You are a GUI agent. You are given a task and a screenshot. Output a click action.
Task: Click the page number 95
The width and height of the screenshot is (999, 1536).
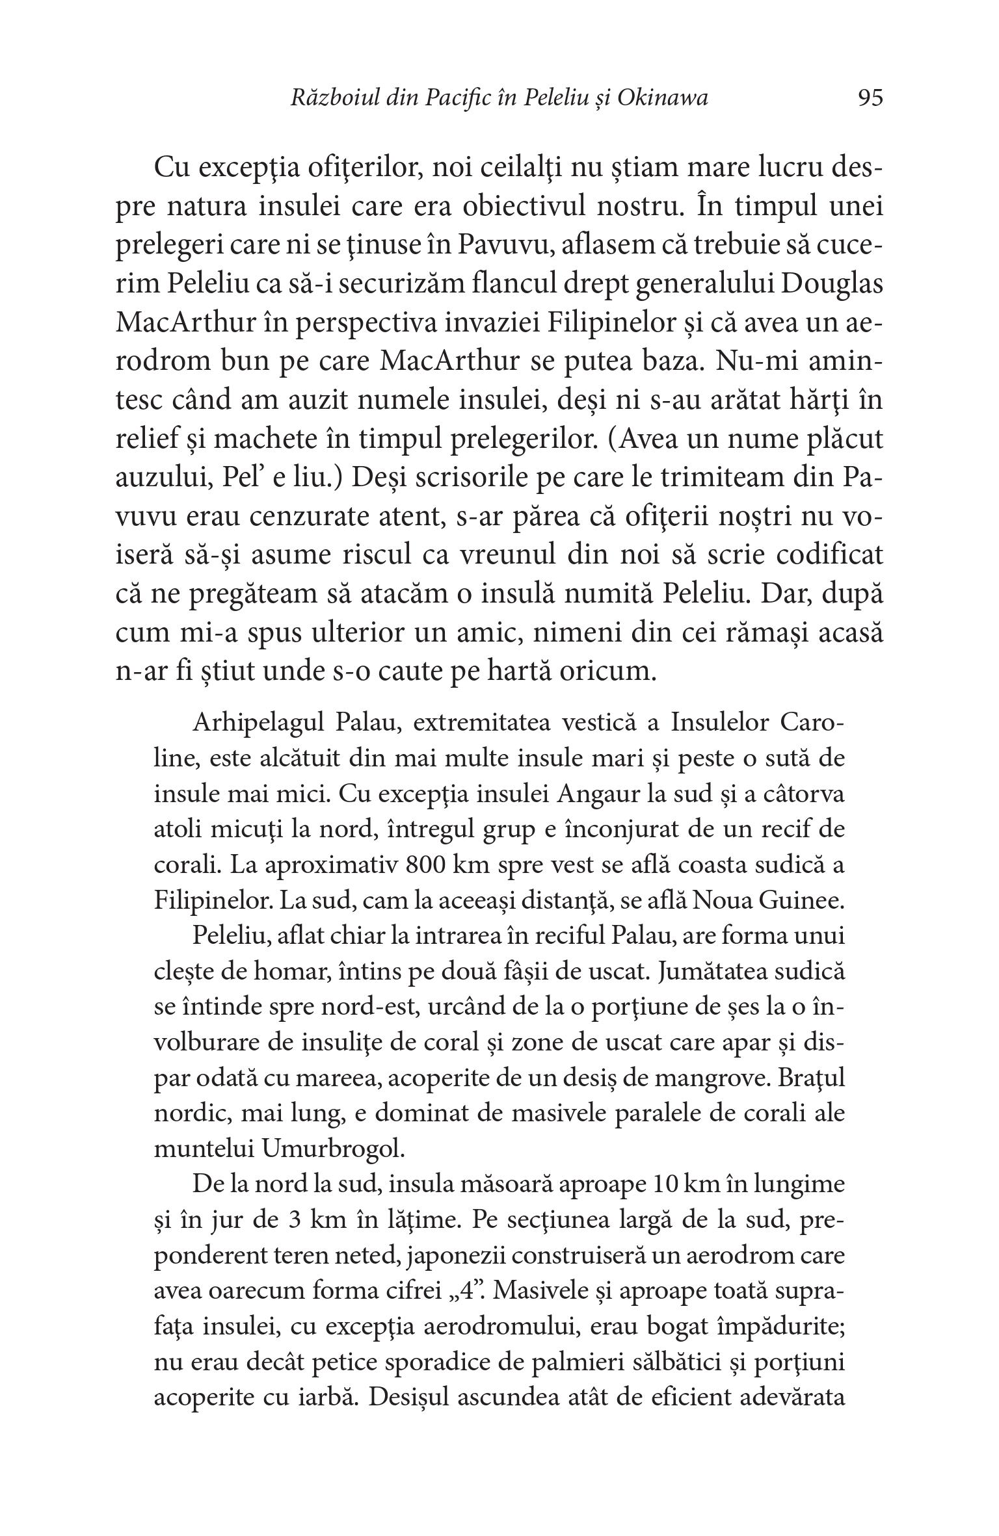pos(870,98)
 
